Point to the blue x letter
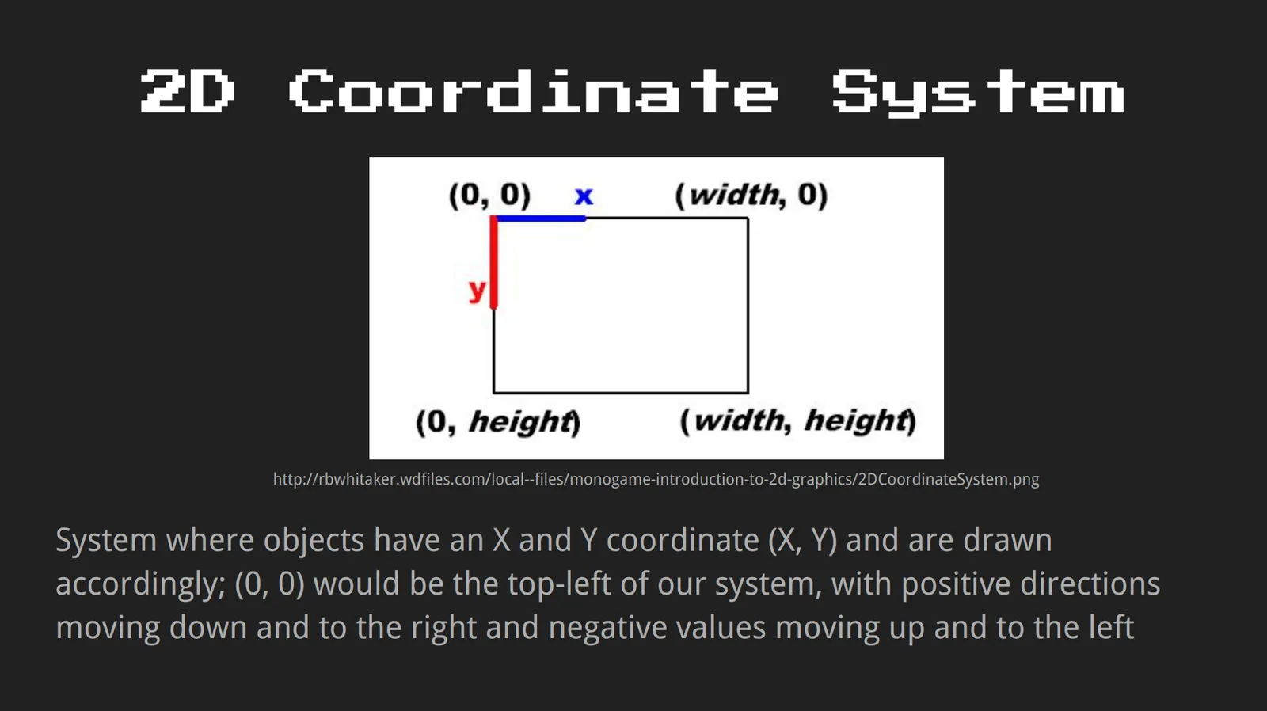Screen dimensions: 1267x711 click(x=584, y=196)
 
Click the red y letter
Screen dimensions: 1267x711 click(x=478, y=291)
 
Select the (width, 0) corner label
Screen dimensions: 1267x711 click(x=751, y=196)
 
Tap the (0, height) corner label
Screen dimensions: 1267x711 click(x=498, y=422)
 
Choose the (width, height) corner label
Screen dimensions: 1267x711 click(x=797, y=421)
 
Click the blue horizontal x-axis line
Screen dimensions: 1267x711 click(x=540, y=219)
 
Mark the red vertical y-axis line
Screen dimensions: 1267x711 click(x=494, y=262)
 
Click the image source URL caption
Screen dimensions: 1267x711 click(x=656, y=479)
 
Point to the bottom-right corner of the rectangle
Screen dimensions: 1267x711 click(x=748, y=392)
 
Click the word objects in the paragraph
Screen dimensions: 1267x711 click(x=314, y=540)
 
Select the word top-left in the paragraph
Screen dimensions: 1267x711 click(x=559, y=584)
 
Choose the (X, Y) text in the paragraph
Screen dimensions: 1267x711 click(x=803, y=540)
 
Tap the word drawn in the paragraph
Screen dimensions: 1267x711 click(x=1007, y=540)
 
